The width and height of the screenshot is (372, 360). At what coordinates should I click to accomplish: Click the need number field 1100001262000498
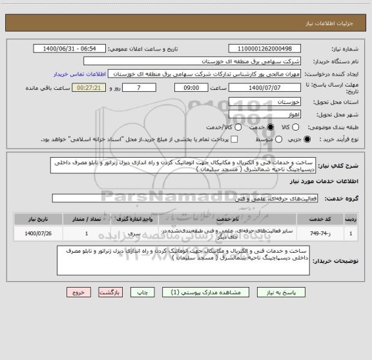click(265, 49)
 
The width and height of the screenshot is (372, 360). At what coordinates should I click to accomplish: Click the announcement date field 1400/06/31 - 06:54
click(70, 49)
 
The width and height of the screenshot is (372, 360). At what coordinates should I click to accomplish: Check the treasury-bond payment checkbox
click(234, 139)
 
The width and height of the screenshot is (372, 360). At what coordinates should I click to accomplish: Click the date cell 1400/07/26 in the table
click(39, 233)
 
